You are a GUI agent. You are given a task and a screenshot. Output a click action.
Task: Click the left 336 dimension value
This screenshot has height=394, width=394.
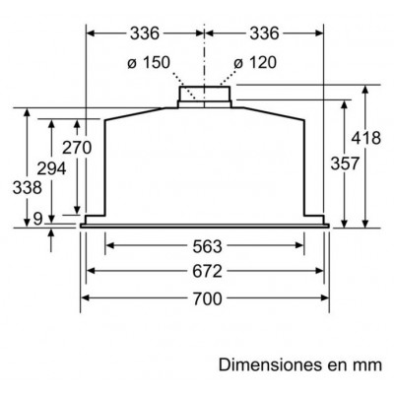coord(145,33)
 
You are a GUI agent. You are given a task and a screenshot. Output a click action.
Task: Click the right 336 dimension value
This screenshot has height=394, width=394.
coord(264,33)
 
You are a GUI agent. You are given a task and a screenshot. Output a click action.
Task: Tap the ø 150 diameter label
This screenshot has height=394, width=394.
coord(149,62)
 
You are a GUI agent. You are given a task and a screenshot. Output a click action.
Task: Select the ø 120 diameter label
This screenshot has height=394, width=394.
coord(255,62)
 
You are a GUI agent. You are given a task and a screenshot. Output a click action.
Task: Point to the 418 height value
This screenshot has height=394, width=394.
coord(366,138)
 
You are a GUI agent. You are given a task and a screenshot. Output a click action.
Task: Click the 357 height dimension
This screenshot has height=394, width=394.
coord(345,164)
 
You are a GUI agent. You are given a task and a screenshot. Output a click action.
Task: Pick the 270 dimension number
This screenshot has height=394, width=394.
coord(77,148)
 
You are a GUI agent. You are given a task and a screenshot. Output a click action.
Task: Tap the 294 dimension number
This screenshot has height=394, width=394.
coord(51,168)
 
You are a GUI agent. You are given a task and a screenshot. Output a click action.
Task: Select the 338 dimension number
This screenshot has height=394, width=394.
coord(28,188)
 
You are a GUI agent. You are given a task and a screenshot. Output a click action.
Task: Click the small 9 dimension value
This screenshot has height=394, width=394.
coord(38,219)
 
